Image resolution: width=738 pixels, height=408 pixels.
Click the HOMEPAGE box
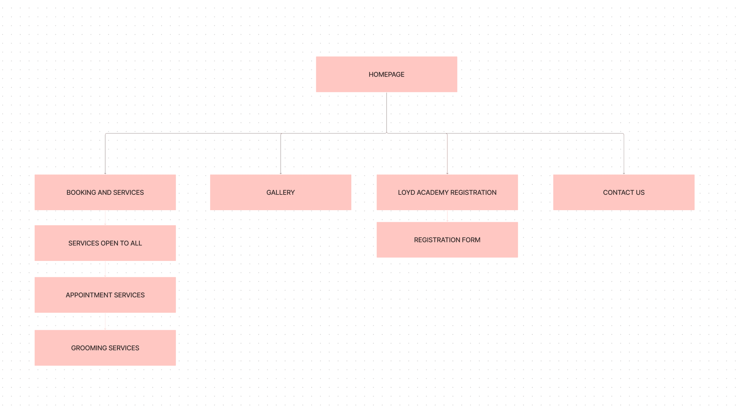386,74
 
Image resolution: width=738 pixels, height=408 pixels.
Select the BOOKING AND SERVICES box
105,192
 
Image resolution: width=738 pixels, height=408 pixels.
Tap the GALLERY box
280,192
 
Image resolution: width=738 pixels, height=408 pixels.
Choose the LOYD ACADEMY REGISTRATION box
447,192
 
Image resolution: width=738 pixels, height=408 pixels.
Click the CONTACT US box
624,192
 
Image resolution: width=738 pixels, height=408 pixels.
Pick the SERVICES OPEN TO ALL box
105,243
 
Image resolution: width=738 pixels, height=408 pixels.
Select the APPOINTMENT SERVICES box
105,295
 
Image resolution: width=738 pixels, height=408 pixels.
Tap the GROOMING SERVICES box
105,348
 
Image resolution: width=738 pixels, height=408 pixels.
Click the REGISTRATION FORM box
447,240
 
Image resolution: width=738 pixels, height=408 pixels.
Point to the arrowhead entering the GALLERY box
280,174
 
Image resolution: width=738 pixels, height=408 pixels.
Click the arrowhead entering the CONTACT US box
624,174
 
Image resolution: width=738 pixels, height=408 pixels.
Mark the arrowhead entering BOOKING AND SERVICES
105,174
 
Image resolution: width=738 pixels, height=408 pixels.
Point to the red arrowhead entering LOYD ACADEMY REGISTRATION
447,174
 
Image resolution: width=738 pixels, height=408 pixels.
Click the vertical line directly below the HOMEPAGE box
386,113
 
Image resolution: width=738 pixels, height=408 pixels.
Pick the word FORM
471,240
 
